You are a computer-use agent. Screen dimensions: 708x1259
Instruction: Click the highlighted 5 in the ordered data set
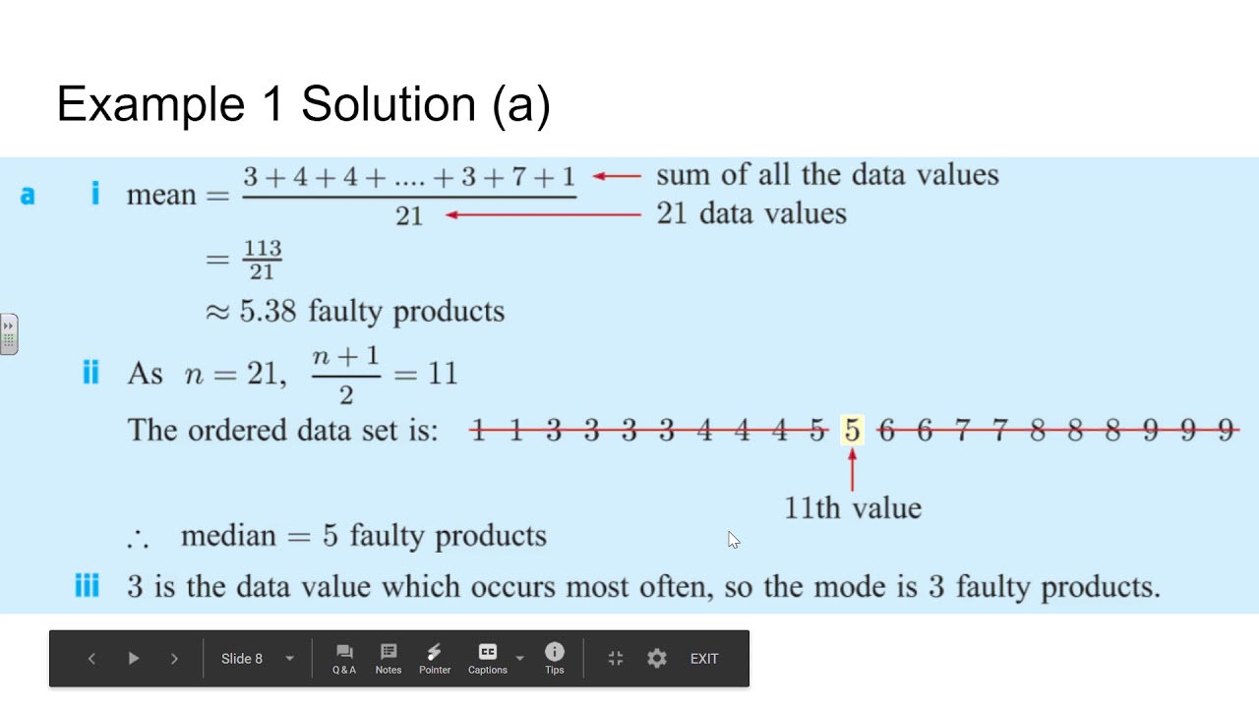tap(852, 431)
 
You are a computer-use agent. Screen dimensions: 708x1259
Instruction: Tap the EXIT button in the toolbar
tap(704, 659)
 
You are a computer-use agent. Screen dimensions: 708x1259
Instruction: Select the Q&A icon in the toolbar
tap(344, 658)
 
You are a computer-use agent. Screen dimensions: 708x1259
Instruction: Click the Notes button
tap(389, 658)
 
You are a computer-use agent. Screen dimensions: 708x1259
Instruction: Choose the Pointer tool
tap(435, 658)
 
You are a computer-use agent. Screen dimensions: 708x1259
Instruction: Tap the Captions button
tap(488, 658)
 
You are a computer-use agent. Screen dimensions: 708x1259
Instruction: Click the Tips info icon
tap(555, 658)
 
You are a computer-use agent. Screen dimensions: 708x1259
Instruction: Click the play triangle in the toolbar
tap(134, 659)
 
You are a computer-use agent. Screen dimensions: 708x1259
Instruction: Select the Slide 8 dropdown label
tap(242, 659)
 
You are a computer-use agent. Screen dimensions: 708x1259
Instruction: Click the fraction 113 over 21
tap(263, 260)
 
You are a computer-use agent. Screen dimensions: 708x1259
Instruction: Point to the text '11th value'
tap(853, 508)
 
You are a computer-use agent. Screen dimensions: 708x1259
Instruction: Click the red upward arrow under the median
tap(852, 470)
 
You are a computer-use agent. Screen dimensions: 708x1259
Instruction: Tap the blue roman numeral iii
tap(88, 587)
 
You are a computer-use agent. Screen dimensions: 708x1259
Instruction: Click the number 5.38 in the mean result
tap(268, 312)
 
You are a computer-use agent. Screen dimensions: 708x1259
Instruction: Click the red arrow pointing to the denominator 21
tap(542, 214)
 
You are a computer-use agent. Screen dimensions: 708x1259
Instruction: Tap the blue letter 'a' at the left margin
tap(28, 195)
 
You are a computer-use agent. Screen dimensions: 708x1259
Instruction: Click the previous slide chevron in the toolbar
tap(91, 659)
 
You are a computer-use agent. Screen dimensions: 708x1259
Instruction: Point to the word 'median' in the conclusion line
tap(228, 536)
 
